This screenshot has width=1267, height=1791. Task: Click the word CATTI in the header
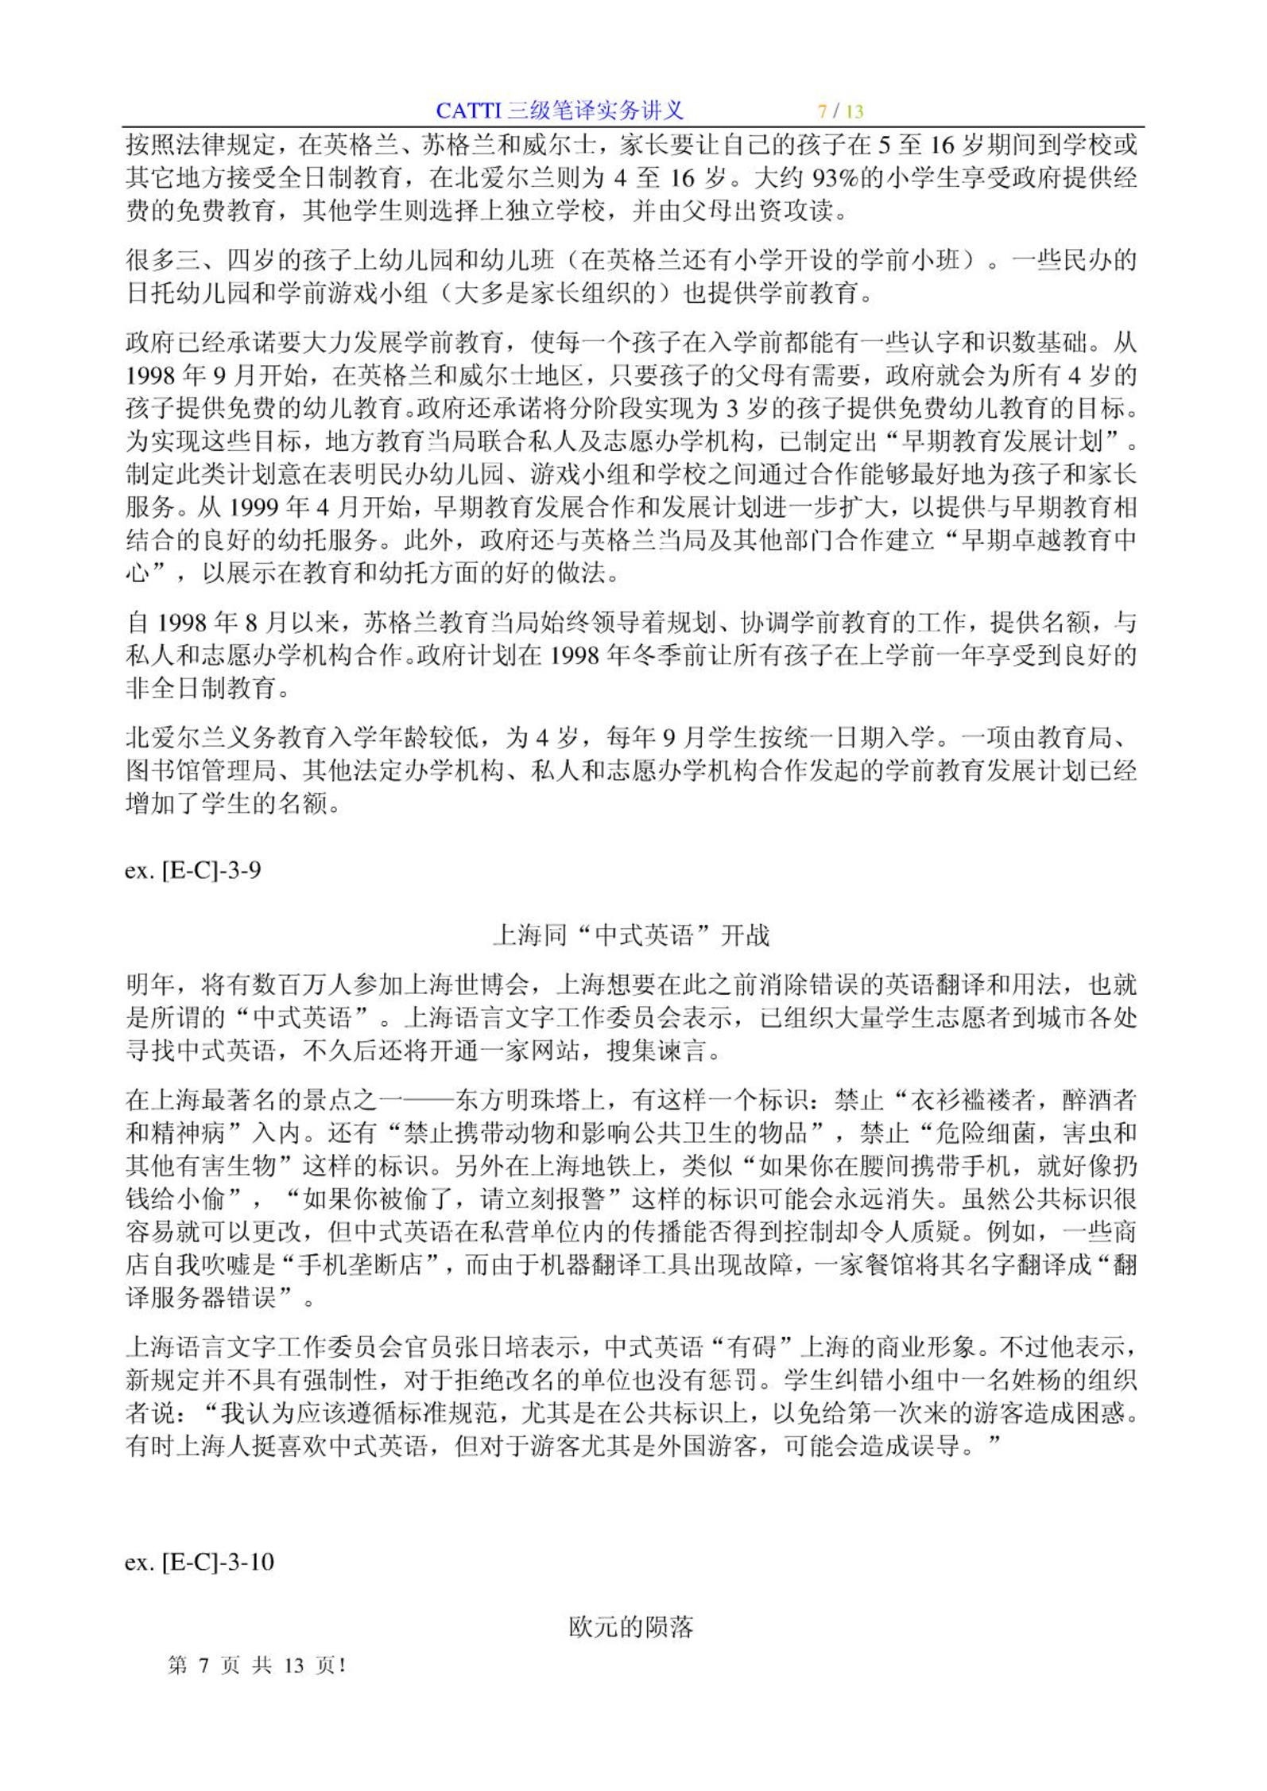pyautogui.click(x=469, y=111)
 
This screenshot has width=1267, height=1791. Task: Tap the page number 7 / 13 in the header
pyautogui.click(x=841, y=111)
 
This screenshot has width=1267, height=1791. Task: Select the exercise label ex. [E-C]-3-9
pyautogui.click(x=192, y=870)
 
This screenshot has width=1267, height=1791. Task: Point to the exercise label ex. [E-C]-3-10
pyautogui.click(x=199, y=1561)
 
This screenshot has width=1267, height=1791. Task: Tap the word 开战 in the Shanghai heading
pyautogui.click(x=745, y=935)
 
